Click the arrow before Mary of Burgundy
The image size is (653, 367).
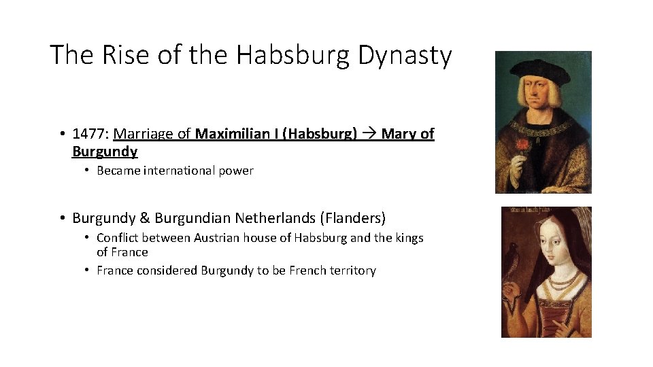(x=369, y=134)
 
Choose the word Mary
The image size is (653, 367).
(x=399, y=134)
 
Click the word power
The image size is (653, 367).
(x=236, y=171)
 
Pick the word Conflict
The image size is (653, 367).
(x=118, y=238)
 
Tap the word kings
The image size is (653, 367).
(x=407, y=238)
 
